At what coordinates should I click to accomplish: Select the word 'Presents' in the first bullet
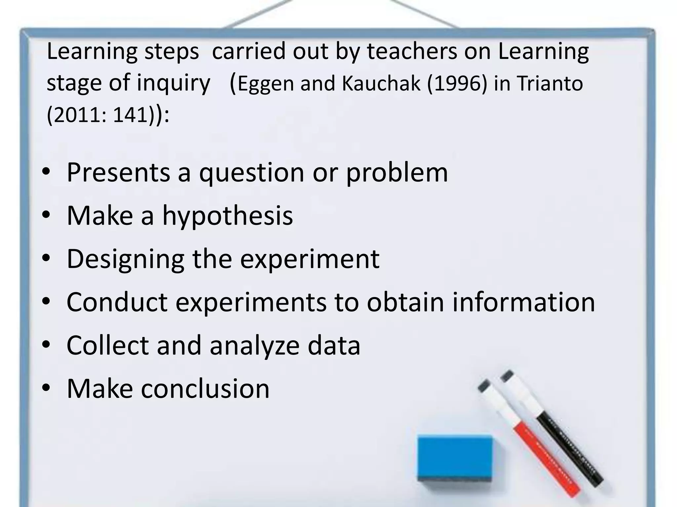click(x=118, y=172)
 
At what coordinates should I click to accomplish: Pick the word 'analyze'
click(x=255, y=345)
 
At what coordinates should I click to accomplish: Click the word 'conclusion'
click(x=205, y=389)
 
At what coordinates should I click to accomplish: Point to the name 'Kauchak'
click(x=380, y=83)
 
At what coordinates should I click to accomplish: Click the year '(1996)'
click(x=457, y=83)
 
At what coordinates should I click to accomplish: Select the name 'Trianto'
click(x=550, y=83)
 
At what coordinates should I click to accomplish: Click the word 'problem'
click(x=397, y=173)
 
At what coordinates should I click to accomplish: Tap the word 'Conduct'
click(x=117, y=302)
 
